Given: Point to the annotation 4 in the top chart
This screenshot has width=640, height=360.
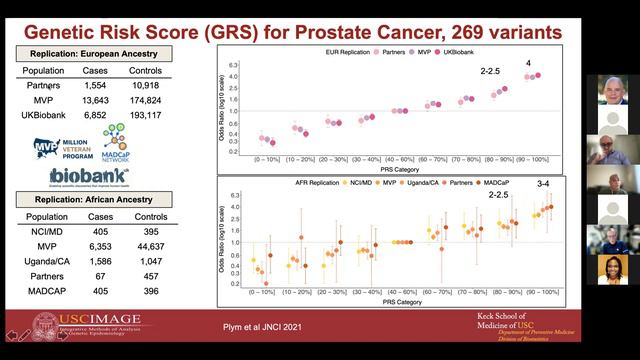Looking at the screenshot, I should click(x=528, y=63).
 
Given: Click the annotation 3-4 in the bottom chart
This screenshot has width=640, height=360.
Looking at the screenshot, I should click(x=543, y=184).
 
